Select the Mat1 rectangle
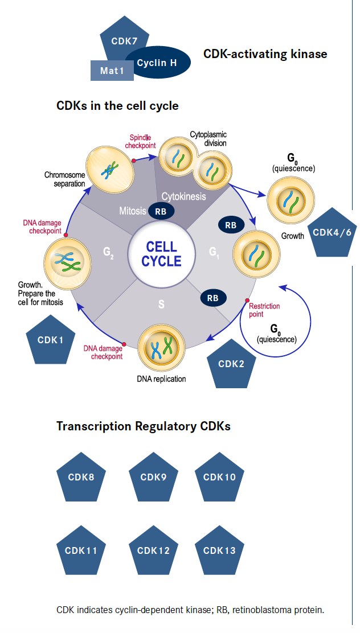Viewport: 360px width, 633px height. pyautogui.click(x=112, y=71)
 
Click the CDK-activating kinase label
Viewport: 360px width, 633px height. pyautogui.click(x=265, y=54)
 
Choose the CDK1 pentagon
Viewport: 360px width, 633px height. pyautogui.click(x=51, y=340)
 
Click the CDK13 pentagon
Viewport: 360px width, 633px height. pyautogui.click(x=219, y=550)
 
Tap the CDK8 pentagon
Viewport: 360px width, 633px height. pyautogui.click(x=81, y=477)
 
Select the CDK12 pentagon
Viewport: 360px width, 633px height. pyautogui.click(x=153, y=550)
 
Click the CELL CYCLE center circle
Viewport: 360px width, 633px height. pyautogui.click(x=161, y=254)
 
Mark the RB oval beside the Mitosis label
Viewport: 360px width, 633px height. pyautogui.click(x=161, y=211)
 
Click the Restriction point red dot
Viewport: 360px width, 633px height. pyautogui.click(x=247, y=300)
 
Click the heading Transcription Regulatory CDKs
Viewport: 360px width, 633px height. pyautogui.click(x=143, y=426)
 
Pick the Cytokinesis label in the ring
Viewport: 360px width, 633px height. pyautogui.click(x=183, y=196)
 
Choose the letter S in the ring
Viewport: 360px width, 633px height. pyautogui.click(x=161, y=305)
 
